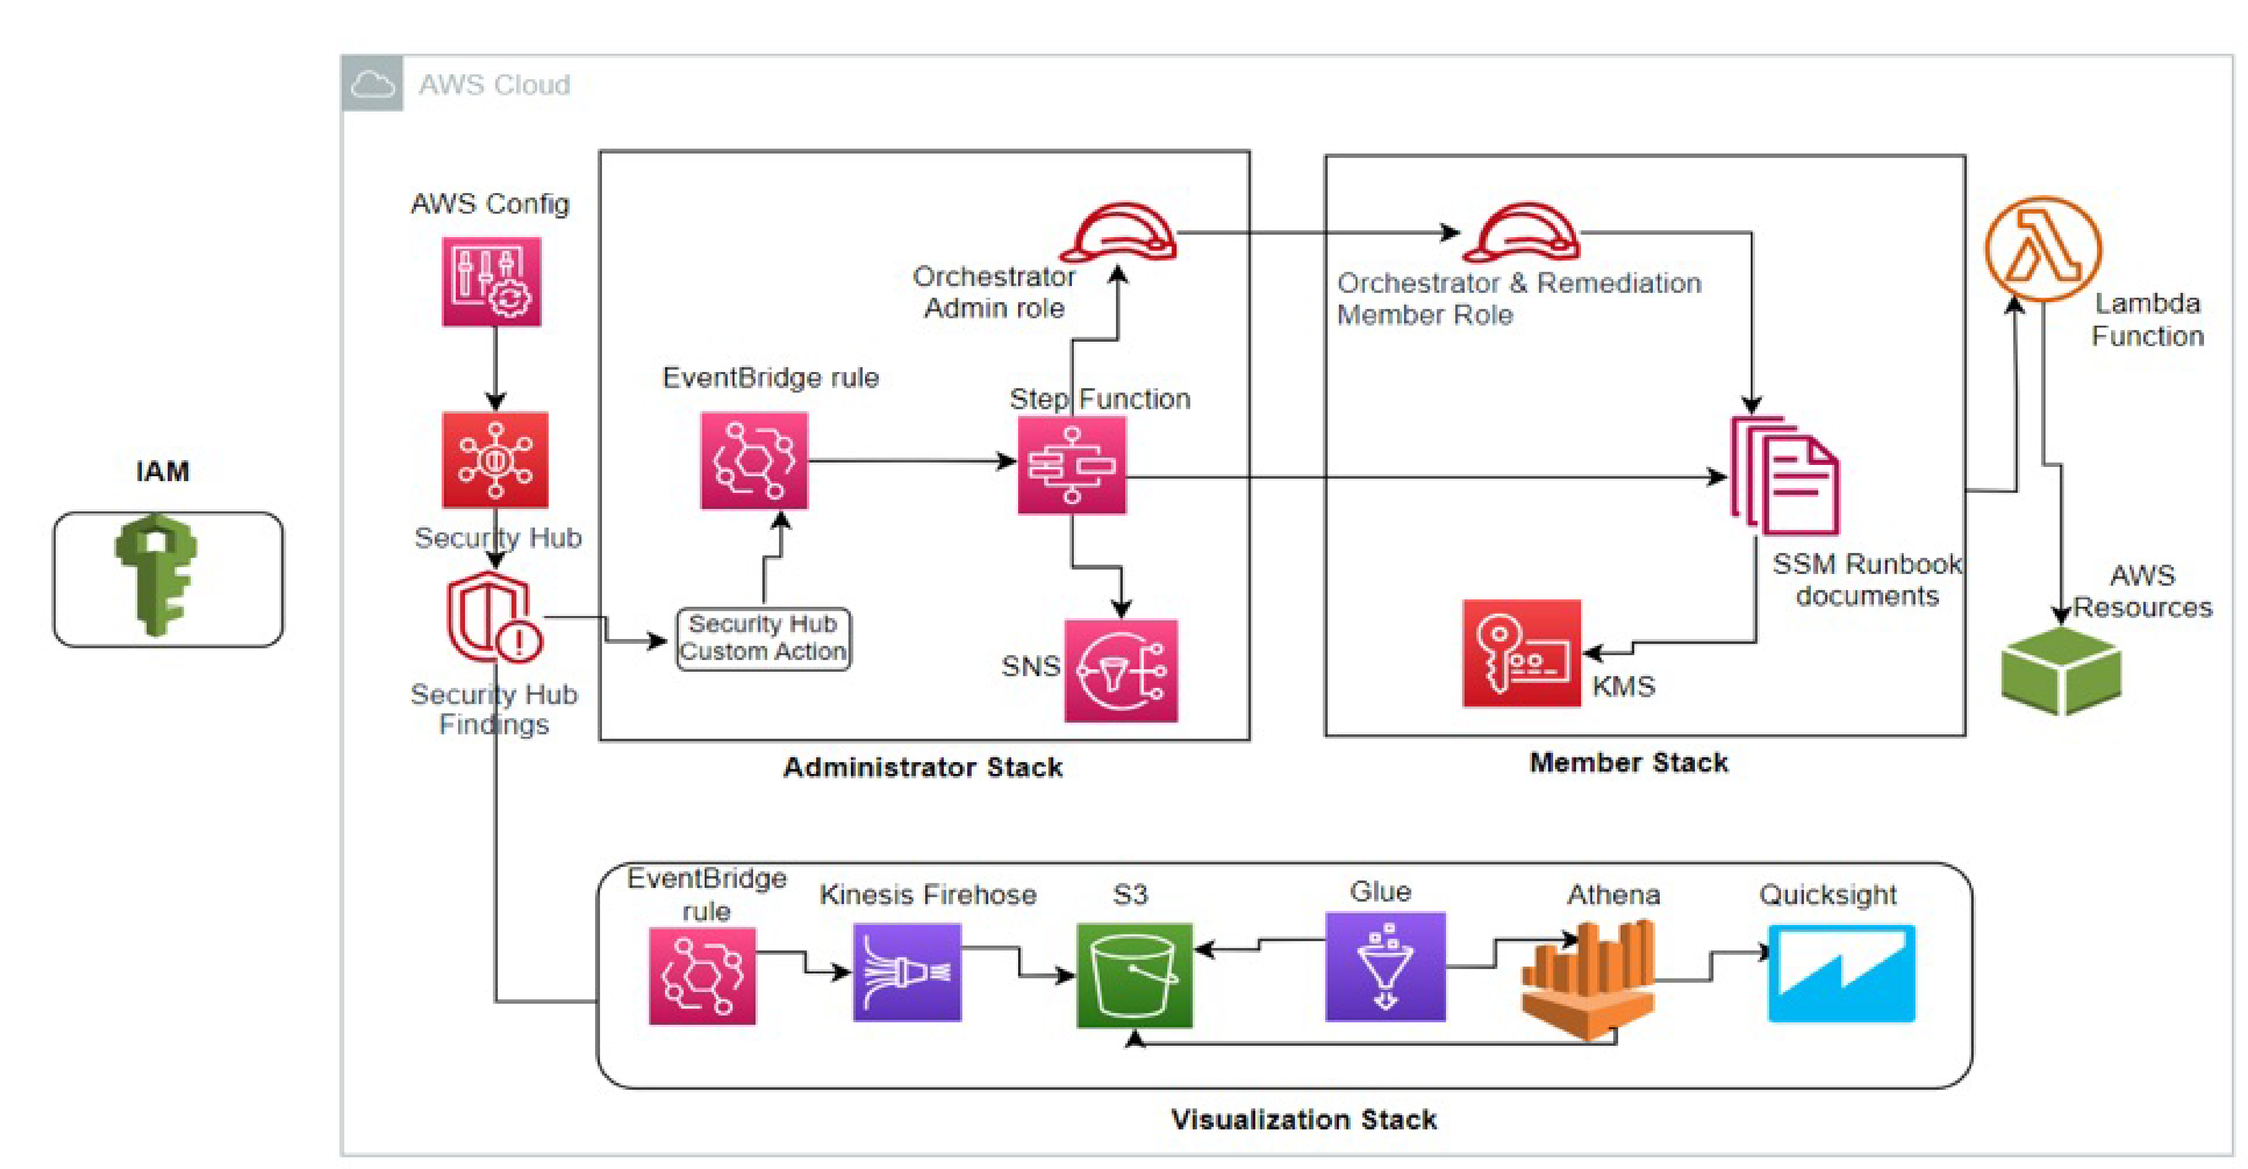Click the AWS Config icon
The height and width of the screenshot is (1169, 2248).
pos(491,282)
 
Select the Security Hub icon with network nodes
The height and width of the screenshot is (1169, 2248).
pos(495,460)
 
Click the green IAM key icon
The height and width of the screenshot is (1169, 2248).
pos(157,574)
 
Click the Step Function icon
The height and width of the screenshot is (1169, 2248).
pos(1071,465)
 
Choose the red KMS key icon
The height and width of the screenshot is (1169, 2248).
pos(1521,653)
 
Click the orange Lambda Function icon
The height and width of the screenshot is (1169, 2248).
pos(2043,249)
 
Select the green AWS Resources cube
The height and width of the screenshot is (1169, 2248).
pos(2060,672)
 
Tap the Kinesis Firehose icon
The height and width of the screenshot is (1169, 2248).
pos(907,973)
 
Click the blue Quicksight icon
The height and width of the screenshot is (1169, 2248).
pos(1841,973)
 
